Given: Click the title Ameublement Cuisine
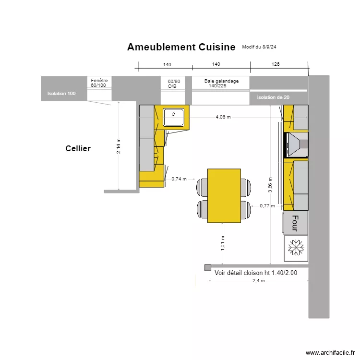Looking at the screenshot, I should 181,47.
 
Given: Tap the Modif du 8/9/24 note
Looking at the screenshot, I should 262,47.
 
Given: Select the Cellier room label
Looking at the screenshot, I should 78,149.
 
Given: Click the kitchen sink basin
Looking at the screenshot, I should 174,117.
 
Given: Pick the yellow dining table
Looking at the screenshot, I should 224,195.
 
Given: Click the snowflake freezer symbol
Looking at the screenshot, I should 296,248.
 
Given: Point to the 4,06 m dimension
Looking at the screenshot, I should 223,117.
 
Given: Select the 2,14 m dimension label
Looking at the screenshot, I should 119,146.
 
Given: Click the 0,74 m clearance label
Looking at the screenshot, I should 179,179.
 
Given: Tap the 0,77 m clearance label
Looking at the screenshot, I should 267,205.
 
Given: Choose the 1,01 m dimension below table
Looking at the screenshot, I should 223,243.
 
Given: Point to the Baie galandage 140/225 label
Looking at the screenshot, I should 221,84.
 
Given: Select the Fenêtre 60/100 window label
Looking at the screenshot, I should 100,83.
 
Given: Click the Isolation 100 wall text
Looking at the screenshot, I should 61,94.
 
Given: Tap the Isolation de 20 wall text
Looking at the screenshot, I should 273,97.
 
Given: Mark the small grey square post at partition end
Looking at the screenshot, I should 207,267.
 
